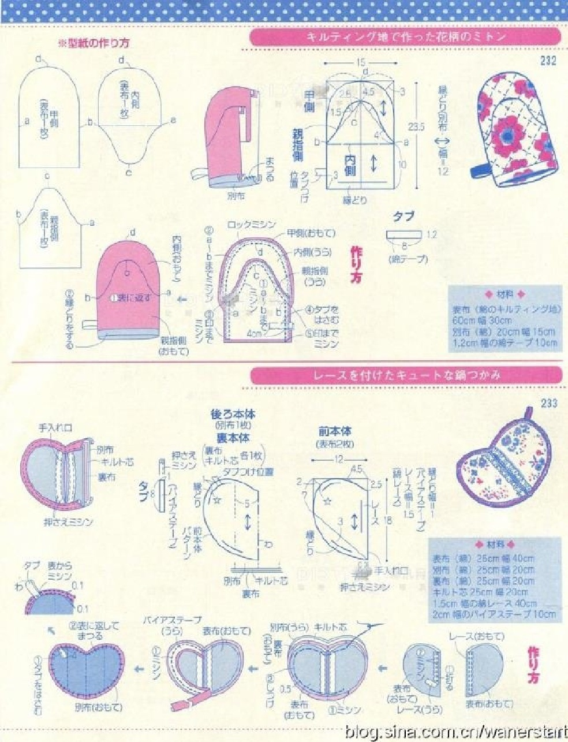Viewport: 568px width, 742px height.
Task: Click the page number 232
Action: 548,61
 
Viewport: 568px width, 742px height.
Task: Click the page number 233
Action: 548,403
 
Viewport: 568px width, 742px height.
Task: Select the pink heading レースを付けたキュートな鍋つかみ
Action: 406,375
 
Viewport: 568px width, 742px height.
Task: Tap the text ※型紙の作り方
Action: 92,43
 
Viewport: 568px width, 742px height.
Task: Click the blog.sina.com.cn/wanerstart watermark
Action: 455,732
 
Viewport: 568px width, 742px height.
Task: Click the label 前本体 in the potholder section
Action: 335,431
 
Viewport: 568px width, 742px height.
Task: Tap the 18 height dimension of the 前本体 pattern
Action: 387,520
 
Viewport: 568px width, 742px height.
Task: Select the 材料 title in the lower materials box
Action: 495,544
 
